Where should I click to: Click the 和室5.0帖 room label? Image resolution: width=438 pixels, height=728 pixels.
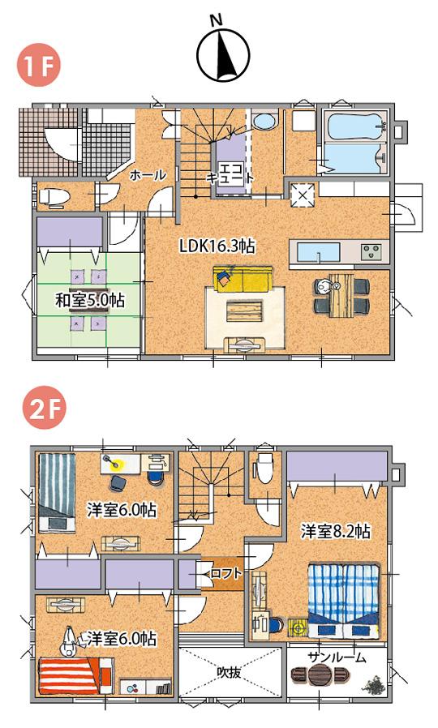coord(89,299)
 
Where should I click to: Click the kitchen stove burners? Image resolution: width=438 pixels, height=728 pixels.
coord(372,251)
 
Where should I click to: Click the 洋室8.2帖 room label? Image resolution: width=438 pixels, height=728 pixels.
coord(336,532)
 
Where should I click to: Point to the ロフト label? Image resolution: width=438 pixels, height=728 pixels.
coord(225,573)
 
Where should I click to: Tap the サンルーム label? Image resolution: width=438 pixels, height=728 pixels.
coord(337,656)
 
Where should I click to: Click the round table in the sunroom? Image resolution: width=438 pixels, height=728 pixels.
coord(320,674)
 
